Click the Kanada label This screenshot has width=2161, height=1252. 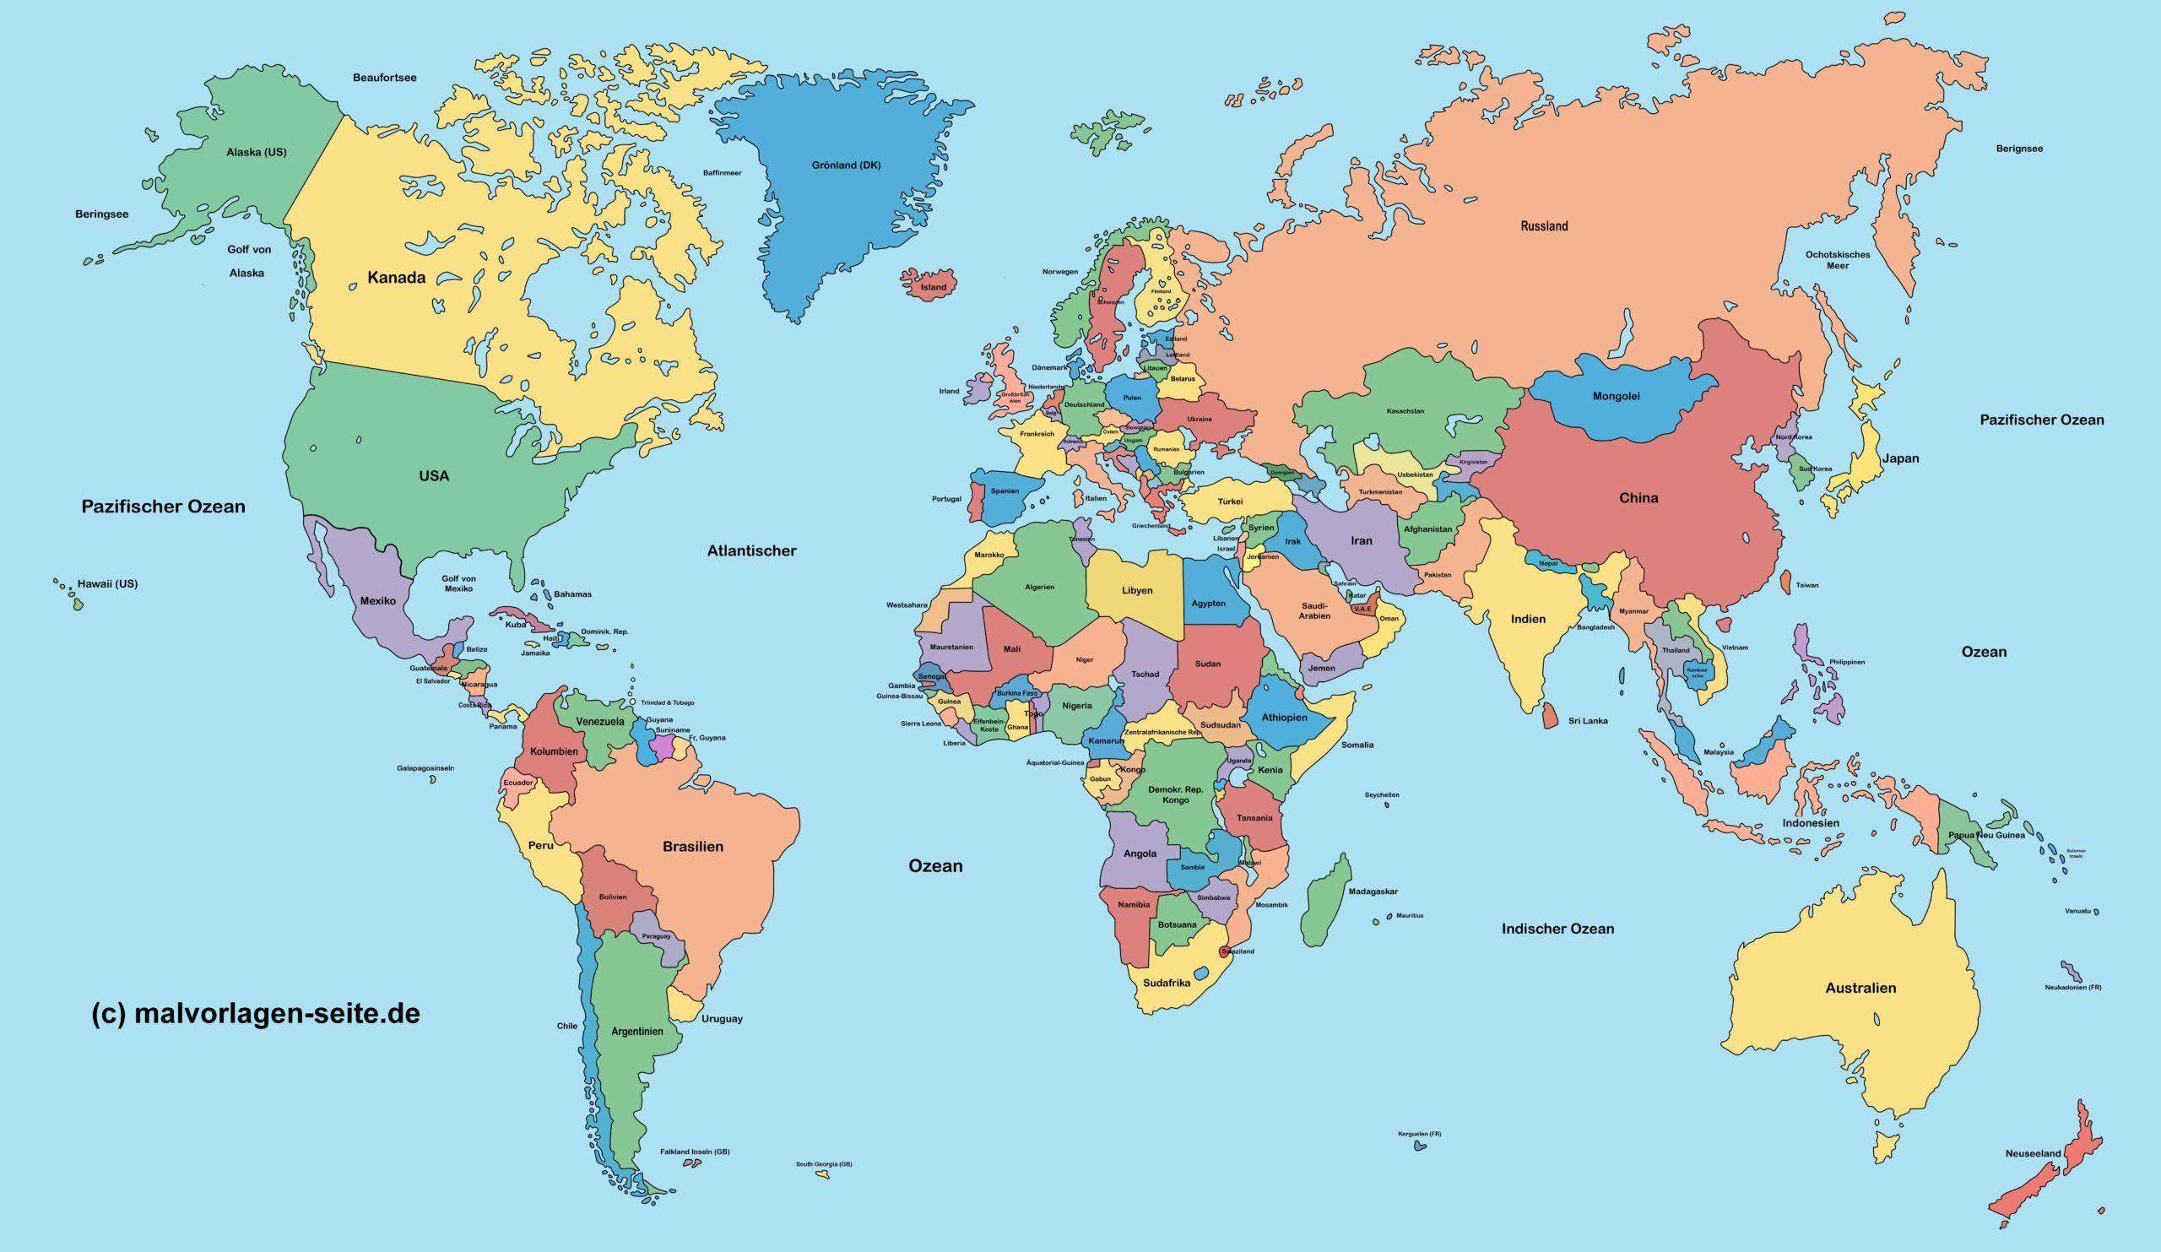tap(396, 277)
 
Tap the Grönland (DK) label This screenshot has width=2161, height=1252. tap(846, 165)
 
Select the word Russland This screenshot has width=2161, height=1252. tap(1544, 226)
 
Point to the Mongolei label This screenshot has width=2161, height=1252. tap(1616, 396)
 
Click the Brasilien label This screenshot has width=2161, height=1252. tap(692, 847)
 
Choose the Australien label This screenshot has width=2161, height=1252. tap(1860, 988)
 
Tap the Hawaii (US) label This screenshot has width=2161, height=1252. tap(107, 584)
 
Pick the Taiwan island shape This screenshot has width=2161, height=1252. tap(1785, 583)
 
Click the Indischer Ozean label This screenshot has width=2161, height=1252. tap(1557, 929)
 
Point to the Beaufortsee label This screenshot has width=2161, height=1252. tap(385, 78)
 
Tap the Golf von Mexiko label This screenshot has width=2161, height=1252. tap(458, 583)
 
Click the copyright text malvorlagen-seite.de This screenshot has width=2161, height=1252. tap(256, 1015)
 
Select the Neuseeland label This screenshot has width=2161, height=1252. tap(2033, 1153)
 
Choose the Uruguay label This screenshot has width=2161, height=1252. tap(721, 1019)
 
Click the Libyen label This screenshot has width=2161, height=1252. tap(1136, 590)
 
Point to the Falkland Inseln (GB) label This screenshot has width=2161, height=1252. tap(694, 1152)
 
